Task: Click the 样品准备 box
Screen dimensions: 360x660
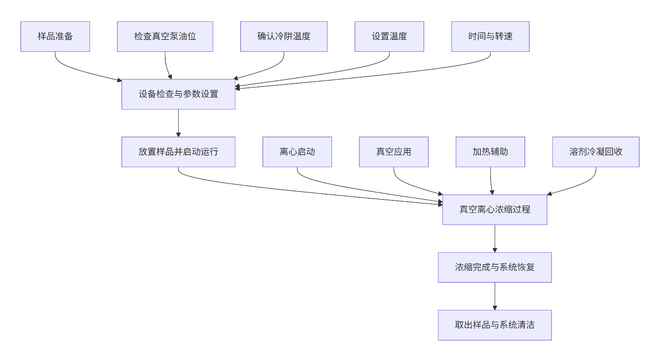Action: pos(55,36)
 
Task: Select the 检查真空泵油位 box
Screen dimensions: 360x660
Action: pos(165,36)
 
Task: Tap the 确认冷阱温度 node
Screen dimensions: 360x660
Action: pos(284,36)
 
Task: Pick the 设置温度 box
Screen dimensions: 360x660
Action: pos(389,36)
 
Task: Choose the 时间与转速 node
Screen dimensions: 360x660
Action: pos(490,36)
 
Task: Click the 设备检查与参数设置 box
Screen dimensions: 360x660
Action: pos(178,94)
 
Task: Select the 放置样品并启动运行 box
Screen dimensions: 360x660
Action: pos(178,152)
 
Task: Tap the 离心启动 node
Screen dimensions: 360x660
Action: pos(297,152)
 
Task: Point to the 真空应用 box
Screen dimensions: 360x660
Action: pos(394,152)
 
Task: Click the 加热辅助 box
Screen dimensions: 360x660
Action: pos(490,152)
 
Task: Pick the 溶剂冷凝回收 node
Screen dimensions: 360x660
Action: pos(596,152)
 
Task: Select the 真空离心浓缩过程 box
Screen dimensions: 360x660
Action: pos(495,209)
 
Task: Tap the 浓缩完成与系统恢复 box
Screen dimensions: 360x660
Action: pos(495,267)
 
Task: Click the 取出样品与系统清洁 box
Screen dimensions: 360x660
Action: pos(495,325)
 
